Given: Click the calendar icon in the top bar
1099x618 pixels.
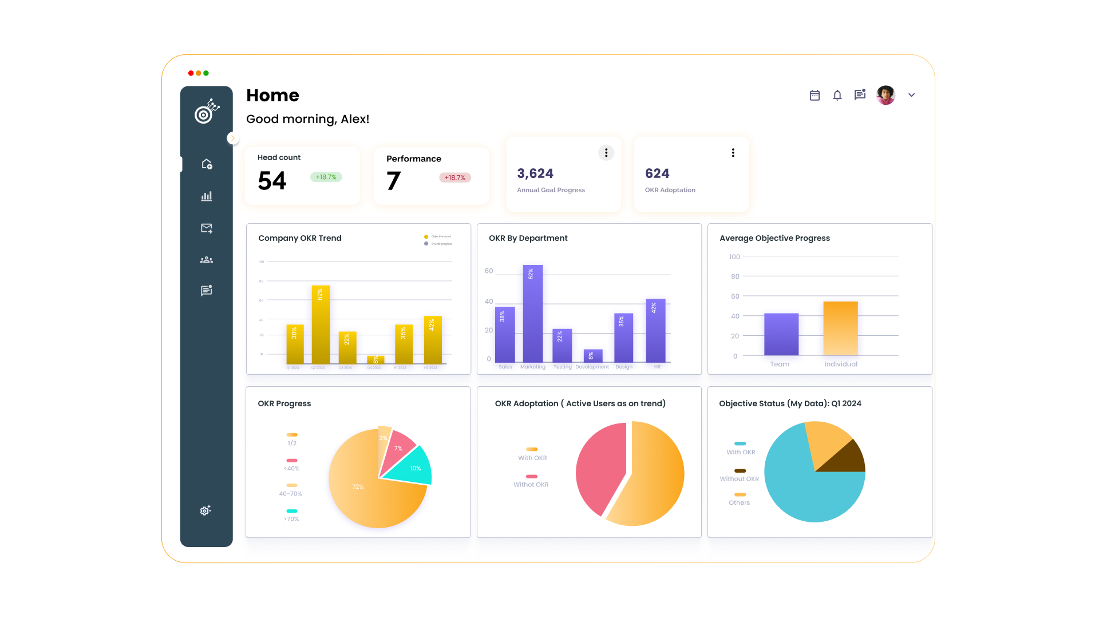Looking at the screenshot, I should (x=815, y=96).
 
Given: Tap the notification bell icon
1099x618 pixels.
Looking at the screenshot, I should (x=837, y=96).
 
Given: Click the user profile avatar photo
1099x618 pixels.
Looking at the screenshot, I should (x=885, y=95).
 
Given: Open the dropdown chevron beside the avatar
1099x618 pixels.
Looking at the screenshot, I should (x=911, y=95).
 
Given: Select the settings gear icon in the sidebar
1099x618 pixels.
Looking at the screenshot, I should (x=205, y=510).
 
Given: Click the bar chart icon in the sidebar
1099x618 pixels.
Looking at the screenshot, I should (x=207, y=196).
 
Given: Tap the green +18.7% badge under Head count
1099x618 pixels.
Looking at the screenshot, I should (x=326, y=177).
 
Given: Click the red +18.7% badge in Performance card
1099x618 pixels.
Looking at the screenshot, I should (x=455, y=177).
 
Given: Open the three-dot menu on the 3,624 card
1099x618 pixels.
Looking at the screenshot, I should (x=606, y=153).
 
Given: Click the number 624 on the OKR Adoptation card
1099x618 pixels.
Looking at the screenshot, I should (x=657, y=173).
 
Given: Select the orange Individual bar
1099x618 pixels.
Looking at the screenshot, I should (x=840, y=328).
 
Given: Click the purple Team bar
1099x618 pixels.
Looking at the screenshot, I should (x=781, y=334).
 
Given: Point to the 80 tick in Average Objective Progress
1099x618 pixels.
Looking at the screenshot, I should (x=735, y=276).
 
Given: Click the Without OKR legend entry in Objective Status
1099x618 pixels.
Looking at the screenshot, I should (x=739, y=479).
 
